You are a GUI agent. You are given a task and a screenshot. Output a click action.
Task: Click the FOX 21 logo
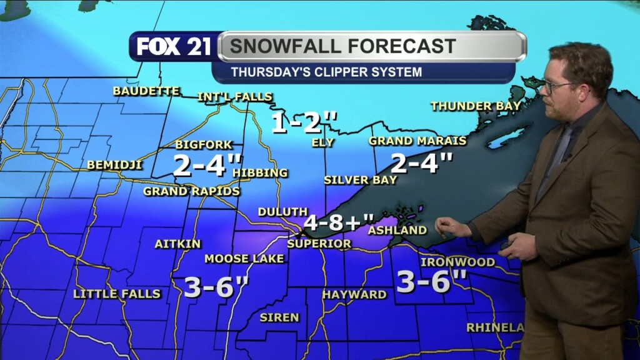pos(174,47)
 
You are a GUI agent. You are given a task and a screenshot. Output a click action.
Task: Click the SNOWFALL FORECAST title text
pos(342,46)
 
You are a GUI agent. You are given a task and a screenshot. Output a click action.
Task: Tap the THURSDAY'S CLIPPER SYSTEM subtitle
pos(326,72)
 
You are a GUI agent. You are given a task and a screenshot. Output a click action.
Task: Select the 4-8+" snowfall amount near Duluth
pos(339,222)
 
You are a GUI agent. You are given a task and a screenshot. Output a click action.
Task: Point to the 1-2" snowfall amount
pos(304,123)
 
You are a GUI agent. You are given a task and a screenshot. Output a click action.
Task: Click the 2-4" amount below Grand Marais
pos(421,164)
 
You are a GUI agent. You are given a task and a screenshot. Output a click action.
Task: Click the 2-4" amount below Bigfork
pos(207,166)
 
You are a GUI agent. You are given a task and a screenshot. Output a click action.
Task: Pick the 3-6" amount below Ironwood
pos(432,282)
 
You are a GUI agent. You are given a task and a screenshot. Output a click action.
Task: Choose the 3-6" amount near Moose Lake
pos(216,287)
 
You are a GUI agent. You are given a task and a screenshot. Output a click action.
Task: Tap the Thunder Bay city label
pos(476,106)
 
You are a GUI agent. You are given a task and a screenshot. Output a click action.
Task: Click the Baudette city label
pos(146,91)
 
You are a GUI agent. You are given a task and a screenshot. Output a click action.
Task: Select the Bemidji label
pos(114,166)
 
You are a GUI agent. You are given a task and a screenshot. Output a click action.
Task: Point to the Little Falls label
pos(117,294)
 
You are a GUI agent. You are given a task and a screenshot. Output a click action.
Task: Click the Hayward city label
pos(354,294)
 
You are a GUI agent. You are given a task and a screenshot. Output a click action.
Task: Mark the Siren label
pos(279,317)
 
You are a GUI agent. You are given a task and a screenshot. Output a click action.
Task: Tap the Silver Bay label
pos(361,180)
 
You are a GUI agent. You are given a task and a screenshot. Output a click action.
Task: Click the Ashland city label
pos(397,231)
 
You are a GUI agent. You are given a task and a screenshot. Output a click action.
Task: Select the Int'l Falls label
pos(235,97)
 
